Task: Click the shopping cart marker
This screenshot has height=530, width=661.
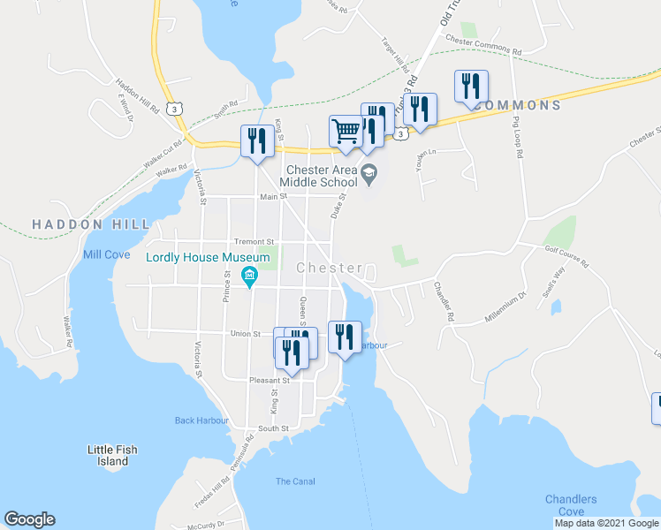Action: point(346,131)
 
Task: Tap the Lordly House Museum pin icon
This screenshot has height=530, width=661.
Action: point(250,276)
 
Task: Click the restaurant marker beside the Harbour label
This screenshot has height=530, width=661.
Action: point(345,336)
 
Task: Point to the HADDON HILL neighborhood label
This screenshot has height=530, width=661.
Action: point(91,225)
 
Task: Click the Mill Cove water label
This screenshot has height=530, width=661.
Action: point(106,254)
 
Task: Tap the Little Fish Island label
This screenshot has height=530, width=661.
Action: point(112,455)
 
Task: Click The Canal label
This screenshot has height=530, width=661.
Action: point(294,481)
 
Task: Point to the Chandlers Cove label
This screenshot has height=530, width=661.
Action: point(571,505)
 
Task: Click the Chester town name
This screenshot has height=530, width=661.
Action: point(330,268)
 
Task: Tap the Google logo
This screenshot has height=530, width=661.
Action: point(29,519)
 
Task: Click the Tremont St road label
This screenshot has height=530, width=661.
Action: point(255,241)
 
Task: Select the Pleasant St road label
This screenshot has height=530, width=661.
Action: point(269,381)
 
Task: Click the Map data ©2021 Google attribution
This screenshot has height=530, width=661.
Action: point(606,523)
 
